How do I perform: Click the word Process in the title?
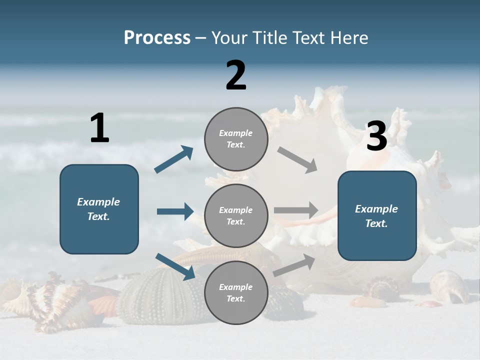coord(157,37)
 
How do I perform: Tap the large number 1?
coord(99,128)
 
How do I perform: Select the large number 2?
coord(236,75)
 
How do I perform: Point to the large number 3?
coord(376,136)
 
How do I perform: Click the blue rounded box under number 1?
coord(99,209)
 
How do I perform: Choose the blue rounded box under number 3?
coord(377,215)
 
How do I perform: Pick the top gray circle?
coord(236,139)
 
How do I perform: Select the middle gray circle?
coord(236,215)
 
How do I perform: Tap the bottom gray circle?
coord(236,292)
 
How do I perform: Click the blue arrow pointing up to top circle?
coord(174,159)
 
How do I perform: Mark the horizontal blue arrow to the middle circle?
coord(175,211)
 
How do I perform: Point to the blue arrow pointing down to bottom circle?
coord(175,266)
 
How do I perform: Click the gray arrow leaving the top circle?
coord(297,160)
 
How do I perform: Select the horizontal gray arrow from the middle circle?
coord(296,210)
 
